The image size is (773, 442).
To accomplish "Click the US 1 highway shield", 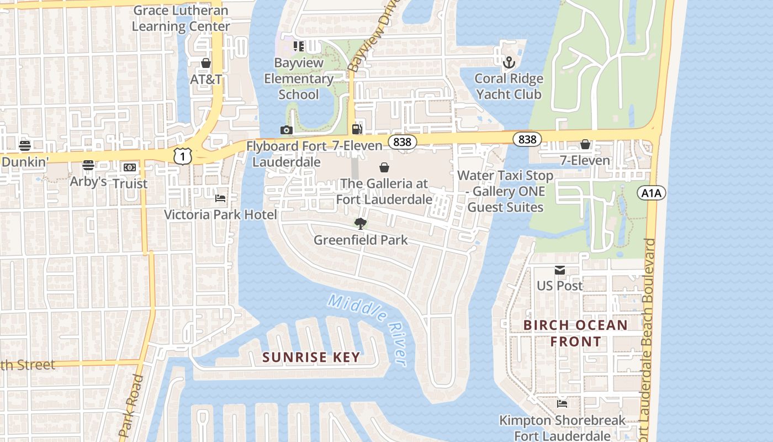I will pos(183,156).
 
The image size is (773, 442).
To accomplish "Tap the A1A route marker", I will pos(652,193).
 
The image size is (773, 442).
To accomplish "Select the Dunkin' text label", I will pos(25,162).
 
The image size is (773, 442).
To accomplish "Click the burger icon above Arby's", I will pos(88,165).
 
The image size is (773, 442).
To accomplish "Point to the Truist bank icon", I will pos(130,167).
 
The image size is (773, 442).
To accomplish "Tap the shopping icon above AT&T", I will pos(206,64).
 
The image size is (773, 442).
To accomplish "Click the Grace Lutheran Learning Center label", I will pos(181,18).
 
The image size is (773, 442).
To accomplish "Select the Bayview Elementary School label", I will pos(299,79).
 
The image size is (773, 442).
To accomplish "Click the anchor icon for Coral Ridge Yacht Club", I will pos(509,62).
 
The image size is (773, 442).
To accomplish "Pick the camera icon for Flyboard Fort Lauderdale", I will pos(286,130).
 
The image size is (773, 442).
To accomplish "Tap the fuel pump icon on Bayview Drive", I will pos(357,129).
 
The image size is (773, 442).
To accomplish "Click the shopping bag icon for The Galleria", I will pos(384,167).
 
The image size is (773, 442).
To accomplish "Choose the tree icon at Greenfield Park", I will pos(361,224).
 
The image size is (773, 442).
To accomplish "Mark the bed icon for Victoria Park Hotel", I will pos(220,198).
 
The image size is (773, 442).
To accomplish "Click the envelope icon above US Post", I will pos(560,270).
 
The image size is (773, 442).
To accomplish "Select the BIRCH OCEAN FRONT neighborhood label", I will pos(575,333).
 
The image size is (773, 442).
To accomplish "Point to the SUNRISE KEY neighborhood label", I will pos(311,357).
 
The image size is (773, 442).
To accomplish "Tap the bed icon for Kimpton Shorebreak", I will pos(562,404).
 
